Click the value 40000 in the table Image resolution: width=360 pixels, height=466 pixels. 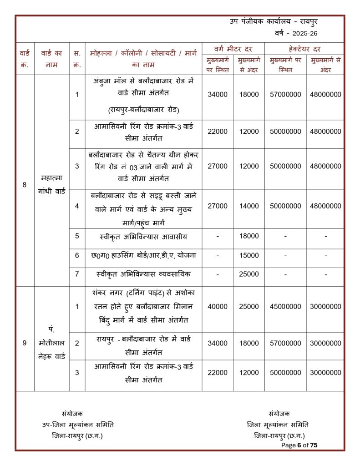pyautogui.click(x=218, y=307)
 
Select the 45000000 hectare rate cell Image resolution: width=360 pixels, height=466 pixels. pyautogui.click(x=285, y=307)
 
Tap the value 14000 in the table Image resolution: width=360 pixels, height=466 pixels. pyautogui.click(x=249, y=206)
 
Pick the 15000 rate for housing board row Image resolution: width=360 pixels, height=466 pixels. pyautogui.click(x=249, y=255)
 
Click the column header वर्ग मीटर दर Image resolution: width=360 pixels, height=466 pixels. pyautogui.click(x=233, y=49)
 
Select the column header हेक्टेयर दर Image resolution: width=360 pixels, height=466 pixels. pyautogui.click(x=304, y=49)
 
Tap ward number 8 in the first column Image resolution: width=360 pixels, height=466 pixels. pyautogui.click(x=25, y=185)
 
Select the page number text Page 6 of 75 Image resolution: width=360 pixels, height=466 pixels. pyautogui.click(x=299, y=445)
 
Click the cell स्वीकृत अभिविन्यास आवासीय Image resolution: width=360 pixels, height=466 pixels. pyautogui.click(x=143, y=236)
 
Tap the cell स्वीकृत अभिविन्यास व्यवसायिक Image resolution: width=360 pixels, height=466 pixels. pyautogui.click(x=143, y=274)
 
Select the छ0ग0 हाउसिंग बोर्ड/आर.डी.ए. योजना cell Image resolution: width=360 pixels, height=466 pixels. pyautogui.click(x=143, y=255)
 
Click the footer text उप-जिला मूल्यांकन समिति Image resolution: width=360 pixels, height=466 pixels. pyautogui.click(x=78, y=425)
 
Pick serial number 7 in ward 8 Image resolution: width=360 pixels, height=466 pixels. pyautogui.click(x=77, y=274)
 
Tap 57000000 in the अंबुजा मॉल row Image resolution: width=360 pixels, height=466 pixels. pyautogui.click(x=285, y=95)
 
